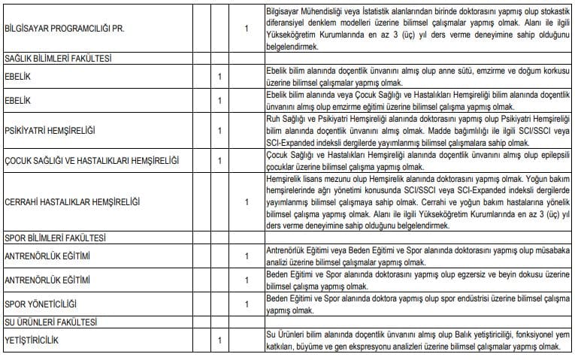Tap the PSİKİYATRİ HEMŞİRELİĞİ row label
[50, 131]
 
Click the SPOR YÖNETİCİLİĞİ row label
[44, 305]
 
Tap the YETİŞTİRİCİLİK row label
[33, 341]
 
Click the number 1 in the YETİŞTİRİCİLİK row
[219, 341]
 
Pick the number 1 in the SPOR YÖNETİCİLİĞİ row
[247, 305]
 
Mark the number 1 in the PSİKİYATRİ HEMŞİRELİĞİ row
[219, 131]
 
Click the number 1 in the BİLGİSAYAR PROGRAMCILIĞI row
[247, 30]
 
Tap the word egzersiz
[468, 276]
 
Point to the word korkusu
[543, 71]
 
